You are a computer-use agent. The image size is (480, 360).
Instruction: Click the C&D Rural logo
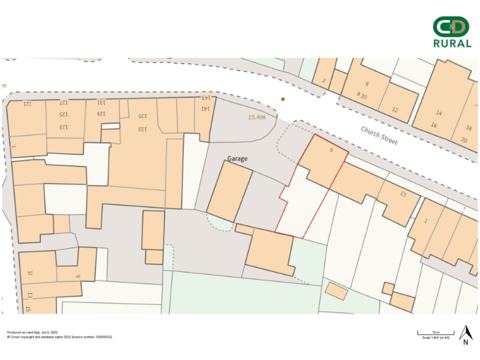pyautogui.click(x=452, y=32)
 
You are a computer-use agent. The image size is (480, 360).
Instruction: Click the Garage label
pyautogui.click(x=237, y=159)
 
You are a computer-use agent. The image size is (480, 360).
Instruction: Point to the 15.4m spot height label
pyautogui.click(x=257, y=117)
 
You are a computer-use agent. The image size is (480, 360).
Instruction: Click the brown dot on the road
pyautogui.click(x=282, y=99)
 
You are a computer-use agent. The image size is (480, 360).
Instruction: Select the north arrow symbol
pyautogui.click(x=465, y=334)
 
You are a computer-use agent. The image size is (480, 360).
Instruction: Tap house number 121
pyautogui.click(x=27, y=104)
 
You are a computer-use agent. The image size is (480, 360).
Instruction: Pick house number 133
pyautogui.click(x=142, y=129)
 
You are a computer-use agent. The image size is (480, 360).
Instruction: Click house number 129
pyautogui.click(x=101, y=114)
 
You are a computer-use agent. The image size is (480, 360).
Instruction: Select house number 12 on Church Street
pyautogui.click(x=394, y=109)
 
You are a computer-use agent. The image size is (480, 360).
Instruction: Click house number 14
pyautogui.click(x=439, y=113)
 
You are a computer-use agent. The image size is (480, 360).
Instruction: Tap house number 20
pyautogui.click(x=464, y=139)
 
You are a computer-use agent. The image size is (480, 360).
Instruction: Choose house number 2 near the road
pyautogui.click(x=324, y=81)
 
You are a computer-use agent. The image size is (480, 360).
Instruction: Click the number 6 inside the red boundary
pyautogui.click(x=331, y=151)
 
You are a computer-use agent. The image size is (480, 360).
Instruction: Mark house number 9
pyautogui.click(x=78, y=276)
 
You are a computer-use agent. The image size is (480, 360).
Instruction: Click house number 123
pyautogui.click(x=63, y=127)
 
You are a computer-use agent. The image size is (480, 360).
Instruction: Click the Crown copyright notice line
pyautogui.click(x=60, y=337)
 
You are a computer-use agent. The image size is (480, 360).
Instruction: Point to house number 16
pyautogui.click(x=434, y=125)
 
